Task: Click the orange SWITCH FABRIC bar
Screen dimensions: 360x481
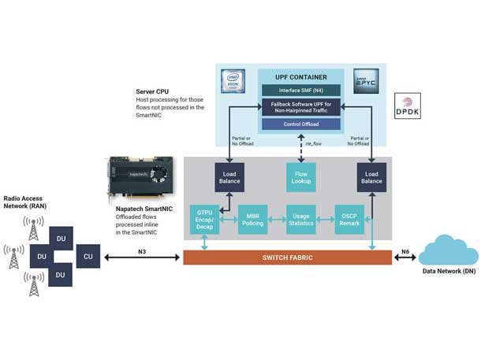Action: click(287, 258)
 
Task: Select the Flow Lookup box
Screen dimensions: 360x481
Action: click(300, 178)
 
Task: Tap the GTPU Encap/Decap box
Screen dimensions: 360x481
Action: click(203, 218)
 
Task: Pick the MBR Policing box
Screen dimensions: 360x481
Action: click(253, 218)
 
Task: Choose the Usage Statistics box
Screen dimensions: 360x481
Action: click(300, 218)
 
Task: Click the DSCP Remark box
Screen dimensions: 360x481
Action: click(349, 218)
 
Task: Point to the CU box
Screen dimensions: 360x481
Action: click(88, 256)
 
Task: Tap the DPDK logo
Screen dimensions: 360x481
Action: click(407, 106)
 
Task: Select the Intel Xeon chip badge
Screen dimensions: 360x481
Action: click(233, 80)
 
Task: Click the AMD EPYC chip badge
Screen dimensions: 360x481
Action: click(366, 80)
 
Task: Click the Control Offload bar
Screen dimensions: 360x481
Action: click(300, 124)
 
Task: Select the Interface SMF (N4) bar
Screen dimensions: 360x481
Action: click(300, 91)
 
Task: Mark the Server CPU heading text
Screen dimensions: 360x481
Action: click(152, 91)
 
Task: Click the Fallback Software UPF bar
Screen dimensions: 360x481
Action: click(300, 107)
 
